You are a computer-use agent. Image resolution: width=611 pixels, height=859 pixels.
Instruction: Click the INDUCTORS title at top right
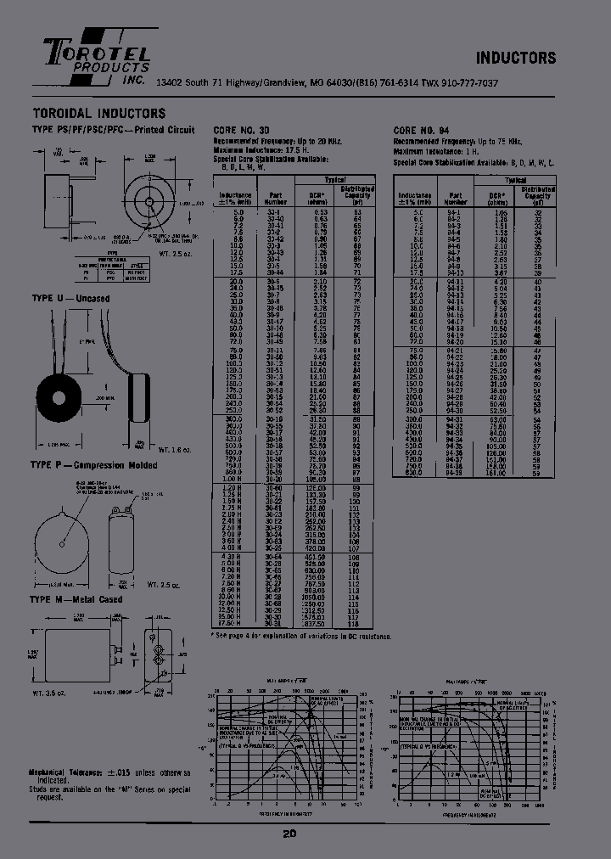click(x=515, y=58)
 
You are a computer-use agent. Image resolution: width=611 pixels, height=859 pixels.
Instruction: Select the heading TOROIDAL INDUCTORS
click(x=98, y=113)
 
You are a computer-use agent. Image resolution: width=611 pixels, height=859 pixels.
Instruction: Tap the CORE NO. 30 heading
click(x=242, y=130)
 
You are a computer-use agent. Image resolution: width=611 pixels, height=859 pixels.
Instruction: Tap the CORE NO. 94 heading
click(x=421, y=130)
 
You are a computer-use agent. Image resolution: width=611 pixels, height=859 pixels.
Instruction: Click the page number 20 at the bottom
click(x=289, y=834)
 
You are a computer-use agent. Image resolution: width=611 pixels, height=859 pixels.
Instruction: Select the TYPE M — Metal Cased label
click(x=76, y=599)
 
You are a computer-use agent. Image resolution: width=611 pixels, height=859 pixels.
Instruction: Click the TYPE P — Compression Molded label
click(x=89, y=465)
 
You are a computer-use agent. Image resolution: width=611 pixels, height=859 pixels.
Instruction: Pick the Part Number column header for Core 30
click(x=275, y=199)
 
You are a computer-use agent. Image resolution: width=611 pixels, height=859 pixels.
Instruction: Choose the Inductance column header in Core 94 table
click(x=415, y=199)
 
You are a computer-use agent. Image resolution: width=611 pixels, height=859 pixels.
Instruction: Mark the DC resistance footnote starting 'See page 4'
click(x=301, y=635)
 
